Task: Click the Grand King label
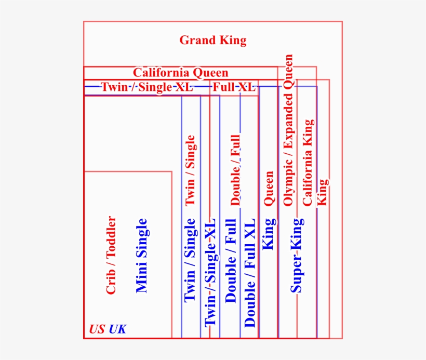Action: click(213, 41)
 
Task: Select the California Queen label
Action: click(181, 73)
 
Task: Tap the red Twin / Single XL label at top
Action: click(147, 87)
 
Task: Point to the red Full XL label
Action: click(234, 87)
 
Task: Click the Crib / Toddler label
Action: click(111, 255)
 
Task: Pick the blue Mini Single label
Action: click(141, 256)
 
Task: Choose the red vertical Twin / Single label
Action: click(190, 170)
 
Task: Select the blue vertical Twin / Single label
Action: click(190, 260)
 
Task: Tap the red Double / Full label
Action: click(235, 170)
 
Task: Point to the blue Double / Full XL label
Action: click(250, 273)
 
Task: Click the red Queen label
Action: click(269, 188)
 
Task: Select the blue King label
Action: click(269, 234)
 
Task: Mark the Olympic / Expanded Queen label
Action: click(288, 130)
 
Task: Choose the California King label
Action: click(308, 163)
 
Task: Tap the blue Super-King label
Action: click(297, 256)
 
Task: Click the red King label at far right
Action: click(323, 192)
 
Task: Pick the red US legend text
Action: click(97, 329)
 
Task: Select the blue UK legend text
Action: click(117, 329)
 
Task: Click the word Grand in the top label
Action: click(197, 40)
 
